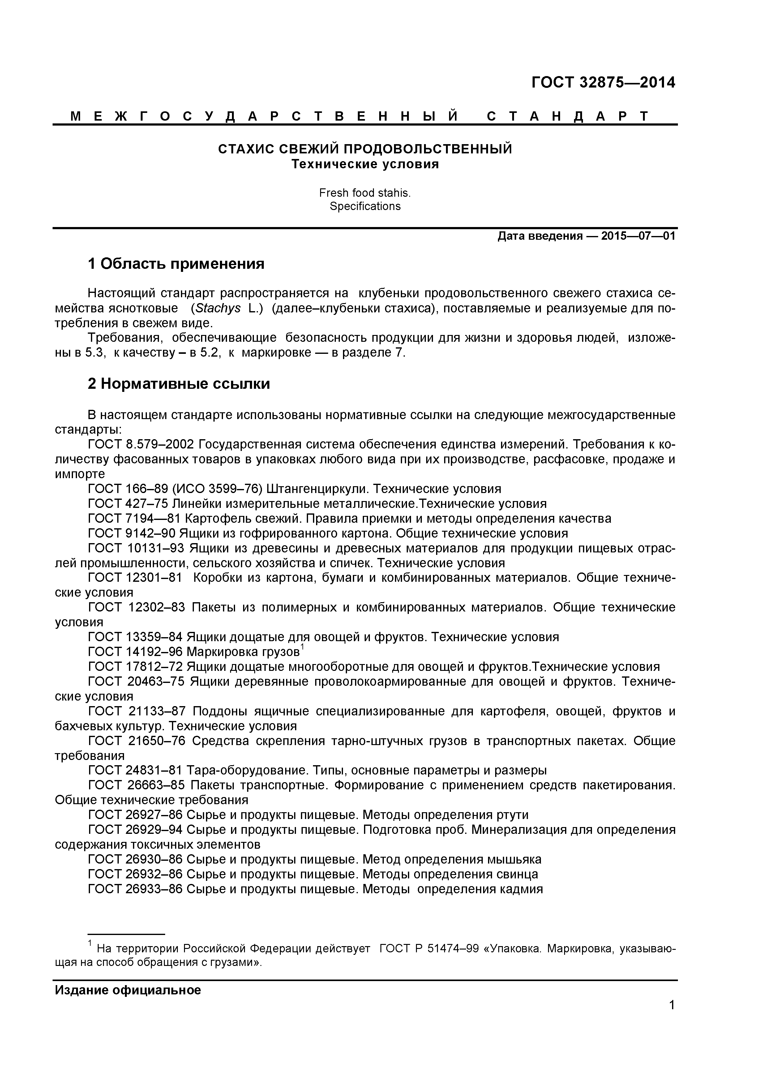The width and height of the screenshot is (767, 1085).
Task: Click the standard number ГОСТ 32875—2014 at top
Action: tap(603, 83)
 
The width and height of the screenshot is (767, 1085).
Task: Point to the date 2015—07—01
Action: tap(638, 236)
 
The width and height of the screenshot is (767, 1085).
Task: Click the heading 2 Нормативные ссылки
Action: tap(179, 384)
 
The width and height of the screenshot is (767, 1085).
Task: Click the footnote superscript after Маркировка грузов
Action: tap(302, 647)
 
